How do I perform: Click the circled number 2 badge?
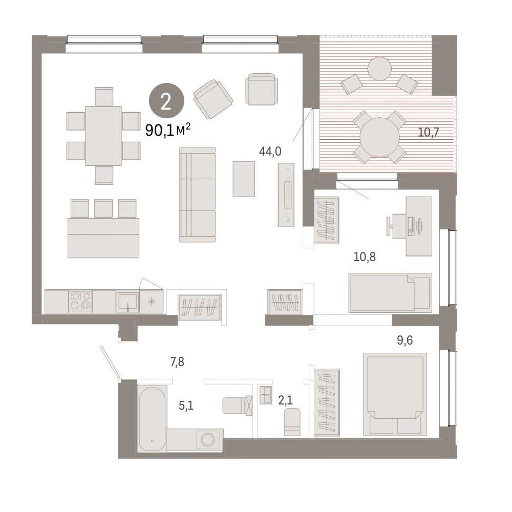166,101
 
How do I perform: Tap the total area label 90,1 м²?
168,131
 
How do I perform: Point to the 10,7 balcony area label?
429,132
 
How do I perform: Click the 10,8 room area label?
365,258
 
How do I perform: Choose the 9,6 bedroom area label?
405,340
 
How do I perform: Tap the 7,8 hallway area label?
177,362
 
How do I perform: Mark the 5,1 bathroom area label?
186,406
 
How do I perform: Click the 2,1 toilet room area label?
285,400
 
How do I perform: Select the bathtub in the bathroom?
153,418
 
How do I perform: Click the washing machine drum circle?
208,439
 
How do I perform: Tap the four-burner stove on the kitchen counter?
80,301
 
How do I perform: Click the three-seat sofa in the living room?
197,195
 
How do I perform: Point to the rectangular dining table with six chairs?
103,136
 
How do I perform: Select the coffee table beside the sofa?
244,179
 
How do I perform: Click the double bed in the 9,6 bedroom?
395,394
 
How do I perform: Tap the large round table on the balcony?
379,137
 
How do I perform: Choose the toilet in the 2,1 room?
292,421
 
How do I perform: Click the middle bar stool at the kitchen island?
103,208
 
